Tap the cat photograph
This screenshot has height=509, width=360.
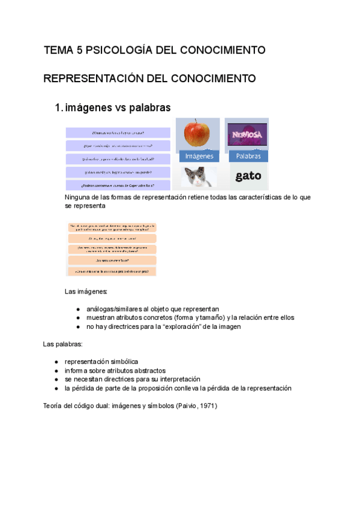(200, 177)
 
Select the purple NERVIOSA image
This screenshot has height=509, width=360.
(247, 134)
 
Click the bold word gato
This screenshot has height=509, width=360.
(248, 176)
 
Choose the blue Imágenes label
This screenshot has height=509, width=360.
(199, 156)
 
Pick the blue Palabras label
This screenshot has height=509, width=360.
(248, 156)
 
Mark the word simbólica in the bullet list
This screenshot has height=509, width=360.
(122, 362)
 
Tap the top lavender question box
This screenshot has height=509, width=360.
(118, 133)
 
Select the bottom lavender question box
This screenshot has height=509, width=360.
(118, 185)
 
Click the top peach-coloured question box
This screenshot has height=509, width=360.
(112, 227)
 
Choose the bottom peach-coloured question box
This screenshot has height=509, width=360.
(112, 271)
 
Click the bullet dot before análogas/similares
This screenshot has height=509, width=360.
(78, 309)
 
